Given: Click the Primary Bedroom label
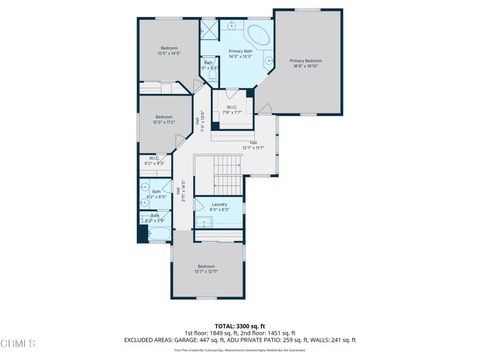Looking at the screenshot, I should pos(305,63).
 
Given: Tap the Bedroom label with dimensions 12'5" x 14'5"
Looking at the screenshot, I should pos(169,51).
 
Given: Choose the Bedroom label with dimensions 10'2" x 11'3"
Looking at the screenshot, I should pos(164,119).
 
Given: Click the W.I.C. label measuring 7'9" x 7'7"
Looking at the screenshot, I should pos(231,110).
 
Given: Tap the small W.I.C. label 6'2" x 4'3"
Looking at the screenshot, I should pos(154,160).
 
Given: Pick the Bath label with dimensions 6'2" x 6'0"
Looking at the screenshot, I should pos(157,193).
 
